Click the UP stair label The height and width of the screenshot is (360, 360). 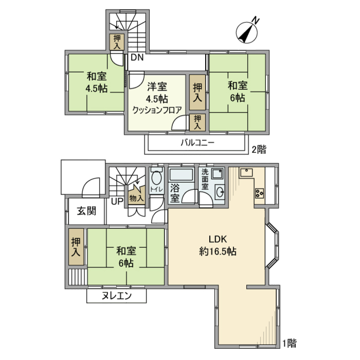[117, 201]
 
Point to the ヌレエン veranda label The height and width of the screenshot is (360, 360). [117, 296]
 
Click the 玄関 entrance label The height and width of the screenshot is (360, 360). [87, 211]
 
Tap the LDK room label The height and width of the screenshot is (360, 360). [216, 239]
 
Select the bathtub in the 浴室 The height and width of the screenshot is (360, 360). [181, 175]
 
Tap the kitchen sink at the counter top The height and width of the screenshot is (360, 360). [246, 173]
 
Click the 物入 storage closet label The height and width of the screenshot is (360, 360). [136, 198]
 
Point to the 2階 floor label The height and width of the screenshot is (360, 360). [259, 150]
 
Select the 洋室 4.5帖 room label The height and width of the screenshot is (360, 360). [157, 93]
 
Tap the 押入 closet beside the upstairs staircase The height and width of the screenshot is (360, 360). [117, 42]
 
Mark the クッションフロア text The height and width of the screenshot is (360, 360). [157, 110]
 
